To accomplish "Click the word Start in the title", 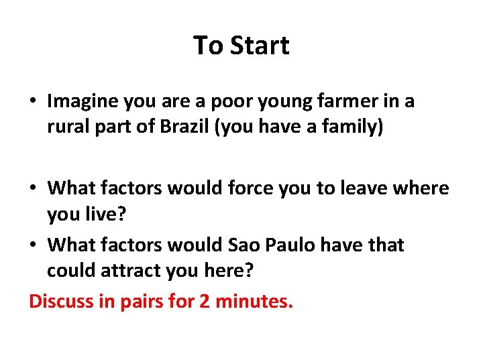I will click(x=260, y=46).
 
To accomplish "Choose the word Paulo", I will click(x=284, y=245).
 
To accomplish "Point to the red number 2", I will click(x=205, y=301).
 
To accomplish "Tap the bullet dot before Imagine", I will click(x=32, y=102).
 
